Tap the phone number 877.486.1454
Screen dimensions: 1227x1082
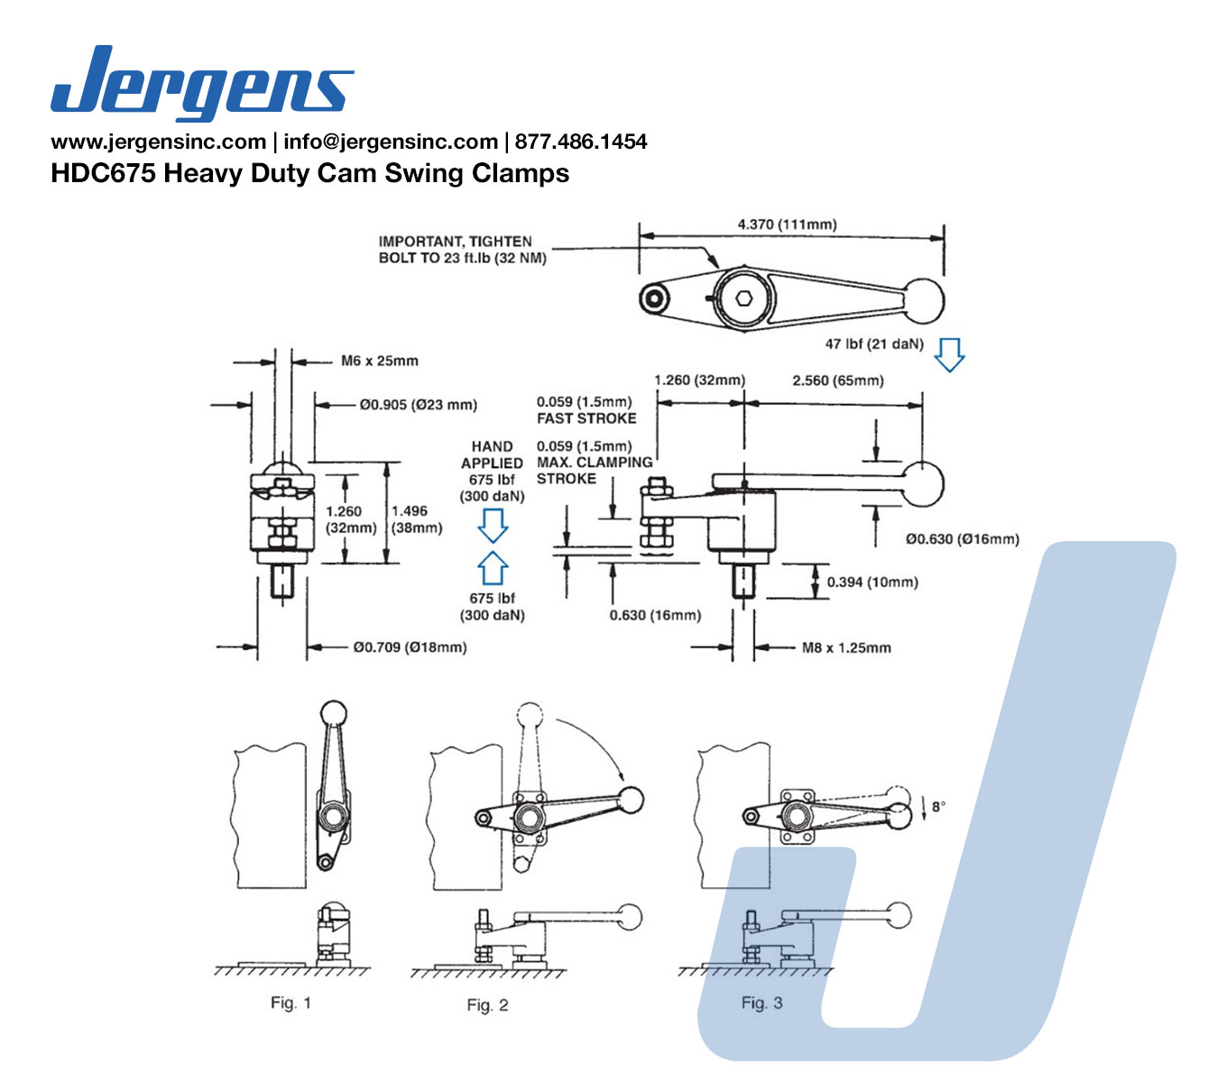581,142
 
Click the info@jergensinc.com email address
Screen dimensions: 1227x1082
391,142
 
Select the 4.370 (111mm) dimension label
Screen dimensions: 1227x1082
787,225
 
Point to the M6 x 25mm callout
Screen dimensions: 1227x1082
379,361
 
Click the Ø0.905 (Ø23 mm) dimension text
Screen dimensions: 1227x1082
418,405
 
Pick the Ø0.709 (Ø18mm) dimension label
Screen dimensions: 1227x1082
410,647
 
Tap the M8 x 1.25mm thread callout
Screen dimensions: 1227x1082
846,648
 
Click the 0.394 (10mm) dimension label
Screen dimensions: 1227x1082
872,582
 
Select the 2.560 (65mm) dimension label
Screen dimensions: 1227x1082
837,381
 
